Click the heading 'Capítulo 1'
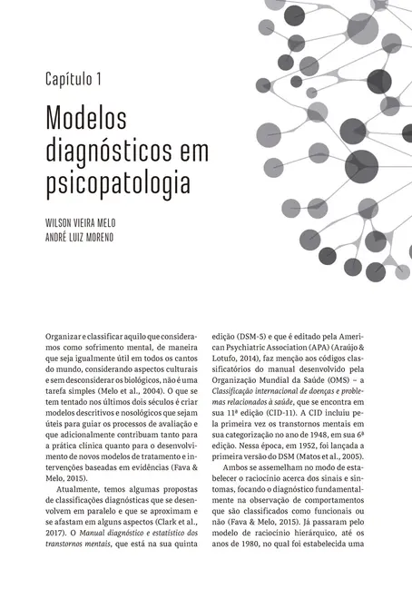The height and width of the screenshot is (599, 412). coord(74,79)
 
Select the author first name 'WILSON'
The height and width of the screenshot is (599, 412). coord(58,222)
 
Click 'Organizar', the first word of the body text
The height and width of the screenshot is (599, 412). coord(66,336)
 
